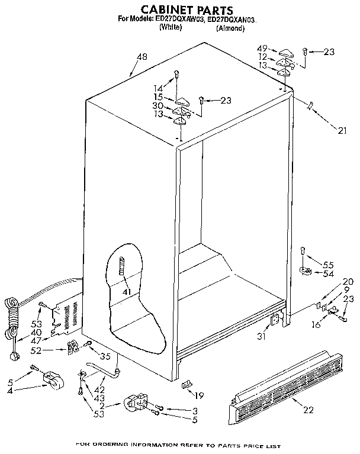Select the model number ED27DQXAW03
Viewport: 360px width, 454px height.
[x=179, y=20]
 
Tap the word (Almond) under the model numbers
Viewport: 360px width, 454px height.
[x=230, y=28]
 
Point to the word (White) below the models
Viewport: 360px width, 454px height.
[x=171, y=28]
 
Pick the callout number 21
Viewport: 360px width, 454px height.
[x=342, y=131]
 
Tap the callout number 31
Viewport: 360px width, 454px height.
[x=262, y=337]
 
